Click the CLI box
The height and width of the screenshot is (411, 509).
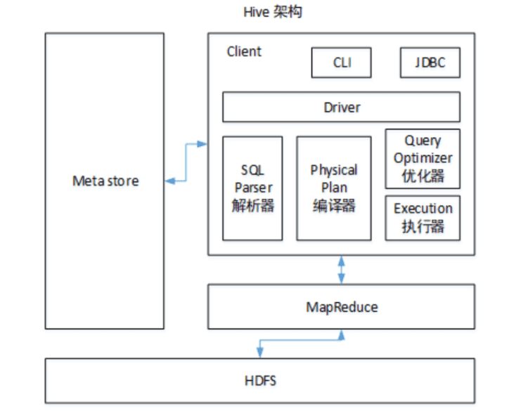[x=342, y=63]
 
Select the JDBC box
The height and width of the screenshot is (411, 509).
[x=430, y=63]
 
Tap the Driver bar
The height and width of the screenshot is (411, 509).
[x=342, y=107]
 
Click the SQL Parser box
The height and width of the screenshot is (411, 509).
[x=252, y=188]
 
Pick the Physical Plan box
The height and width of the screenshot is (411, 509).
[x=333, y=188]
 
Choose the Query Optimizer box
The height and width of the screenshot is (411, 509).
[x=423, y=158]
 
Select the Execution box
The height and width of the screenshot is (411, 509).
[x=423, y=217]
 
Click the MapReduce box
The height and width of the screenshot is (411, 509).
[x=342, y=307]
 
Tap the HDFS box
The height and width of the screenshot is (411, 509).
[x=261, y=381]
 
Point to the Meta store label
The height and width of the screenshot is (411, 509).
[x=105, y=181]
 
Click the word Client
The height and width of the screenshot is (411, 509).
[x=244, y=52]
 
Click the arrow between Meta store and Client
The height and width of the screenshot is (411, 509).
[x=186, y=162]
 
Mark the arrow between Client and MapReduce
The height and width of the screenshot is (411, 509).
[x=342, y=269]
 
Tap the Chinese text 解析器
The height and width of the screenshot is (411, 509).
[x=252, y=206]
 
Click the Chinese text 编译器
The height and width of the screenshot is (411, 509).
[x=333, y=206]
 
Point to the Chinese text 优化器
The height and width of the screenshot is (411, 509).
[x=423, y=176]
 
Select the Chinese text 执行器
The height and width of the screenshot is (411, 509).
[x=423, y=227]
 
